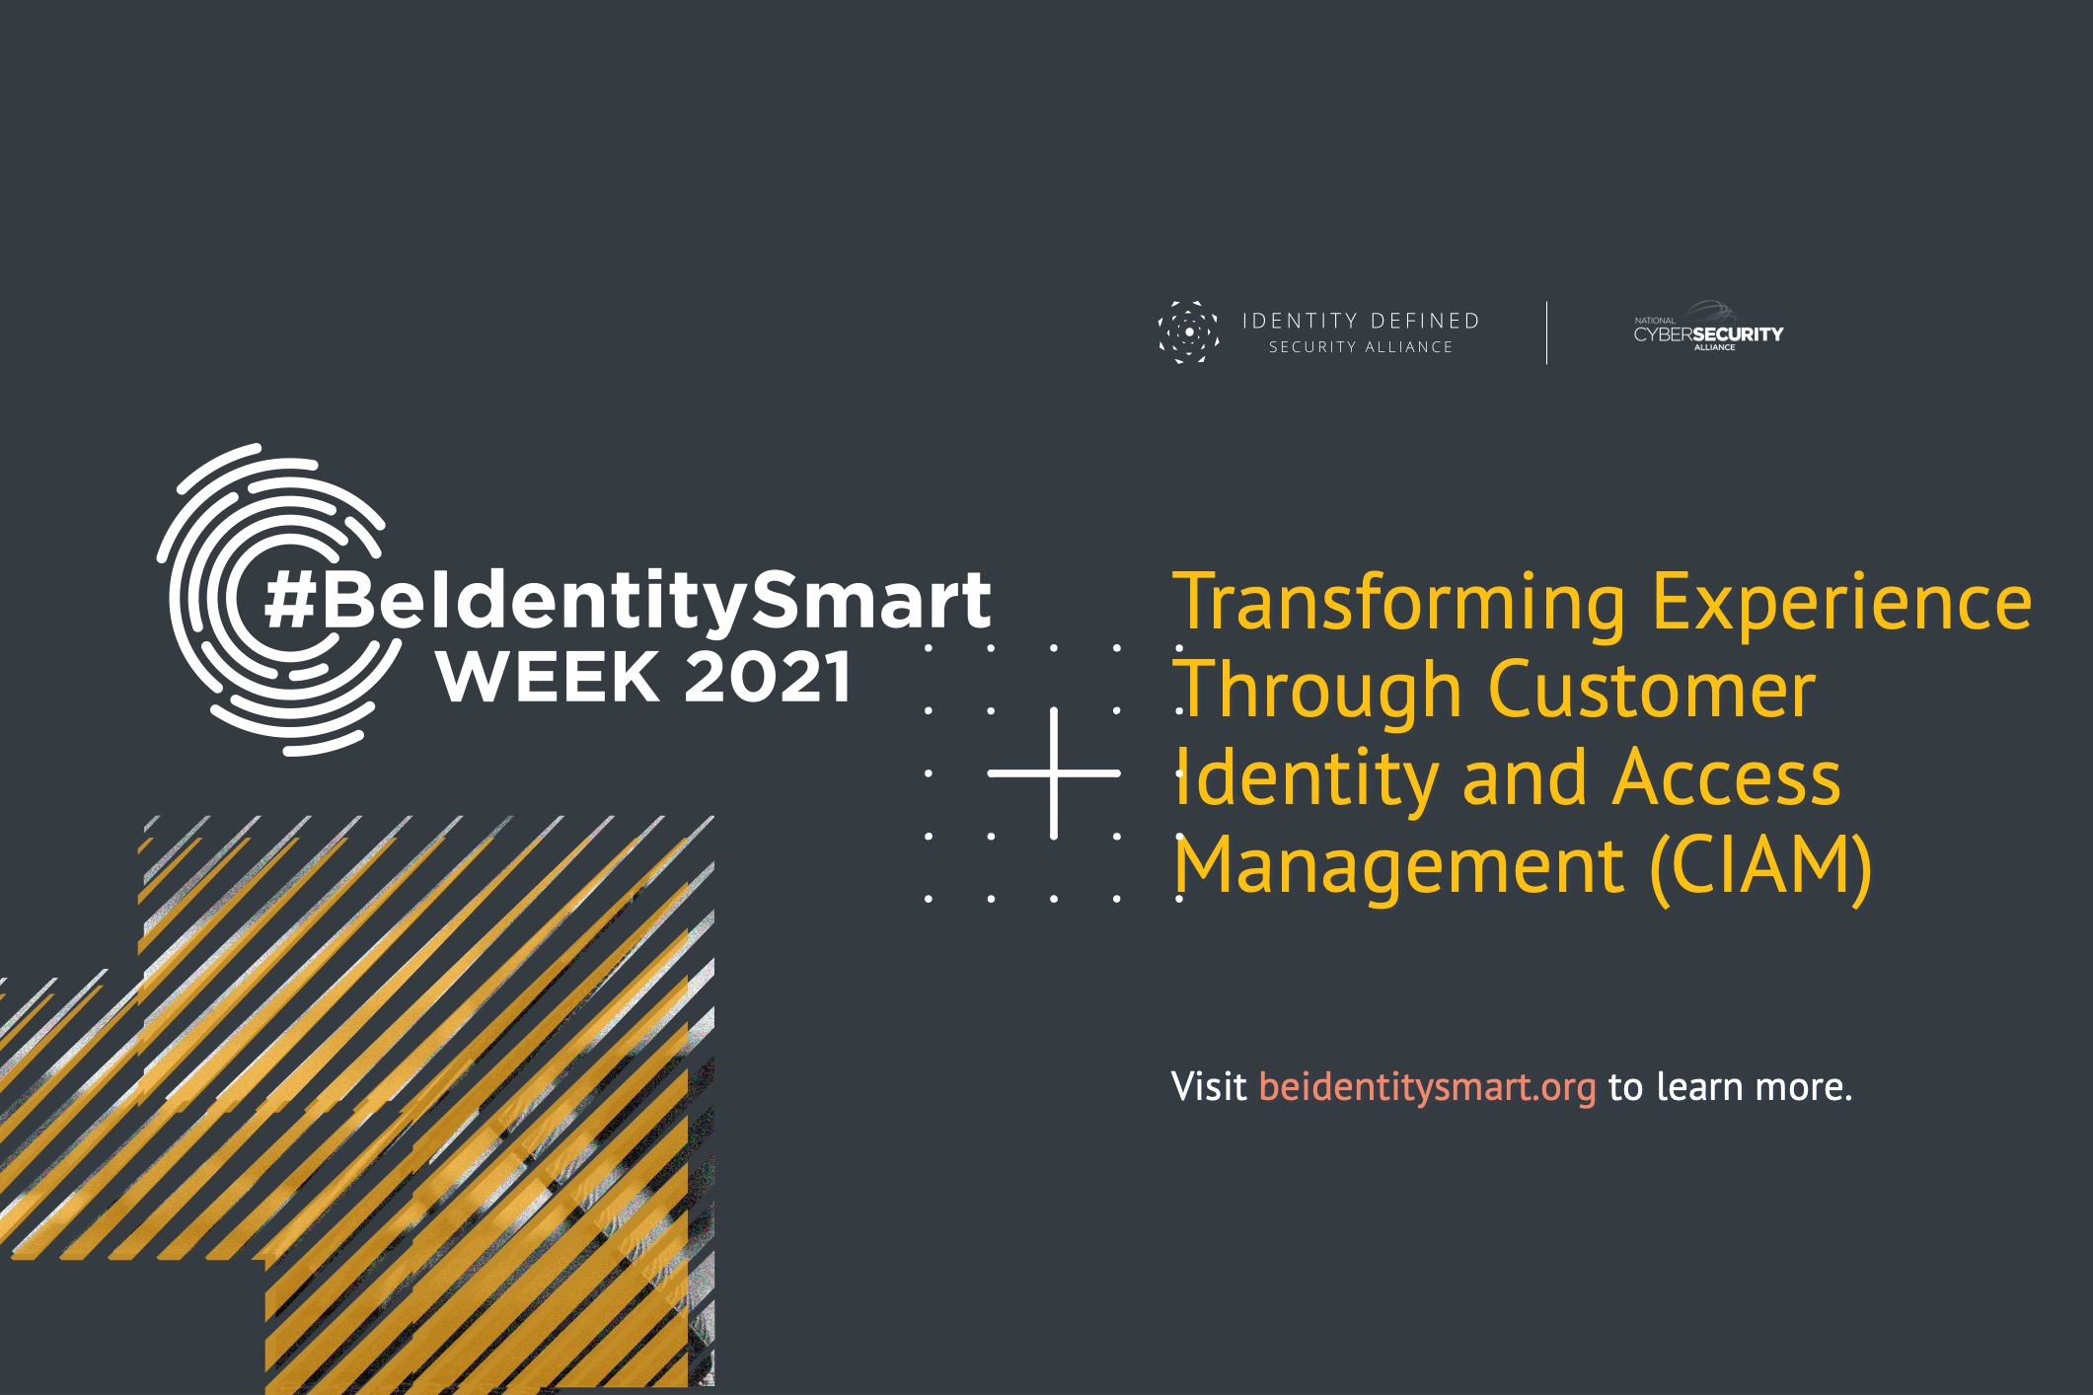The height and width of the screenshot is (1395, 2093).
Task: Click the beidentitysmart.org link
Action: click(1427, 1086)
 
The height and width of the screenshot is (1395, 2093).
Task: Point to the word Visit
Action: click(1209, 1086)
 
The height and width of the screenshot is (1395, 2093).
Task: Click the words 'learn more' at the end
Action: click(1754, 1086)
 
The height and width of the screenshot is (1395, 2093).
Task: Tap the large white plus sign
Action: click(1054, 773)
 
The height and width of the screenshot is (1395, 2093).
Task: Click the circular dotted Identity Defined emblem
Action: click(1188, 332)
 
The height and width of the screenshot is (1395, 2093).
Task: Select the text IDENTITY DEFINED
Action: click(1361, 321)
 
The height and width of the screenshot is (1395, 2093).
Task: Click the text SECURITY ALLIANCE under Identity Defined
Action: click(1361, 347)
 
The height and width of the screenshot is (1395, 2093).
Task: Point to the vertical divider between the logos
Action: click(1546, 332)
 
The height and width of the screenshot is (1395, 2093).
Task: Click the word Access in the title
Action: click(1726, 777)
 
